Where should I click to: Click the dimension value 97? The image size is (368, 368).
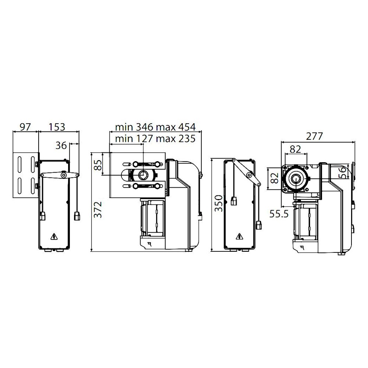[25, 127]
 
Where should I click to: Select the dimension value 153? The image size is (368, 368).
[57, 127]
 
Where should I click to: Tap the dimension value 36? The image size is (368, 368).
[61, 145]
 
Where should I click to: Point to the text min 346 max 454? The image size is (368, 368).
[155, 127]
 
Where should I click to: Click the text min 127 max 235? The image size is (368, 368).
[155, 139]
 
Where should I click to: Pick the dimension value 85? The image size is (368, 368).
[98, 165]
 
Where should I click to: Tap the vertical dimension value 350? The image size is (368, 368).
[219, 203]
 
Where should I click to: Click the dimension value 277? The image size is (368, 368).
[314, 137]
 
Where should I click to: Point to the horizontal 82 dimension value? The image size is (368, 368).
[295, 149]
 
